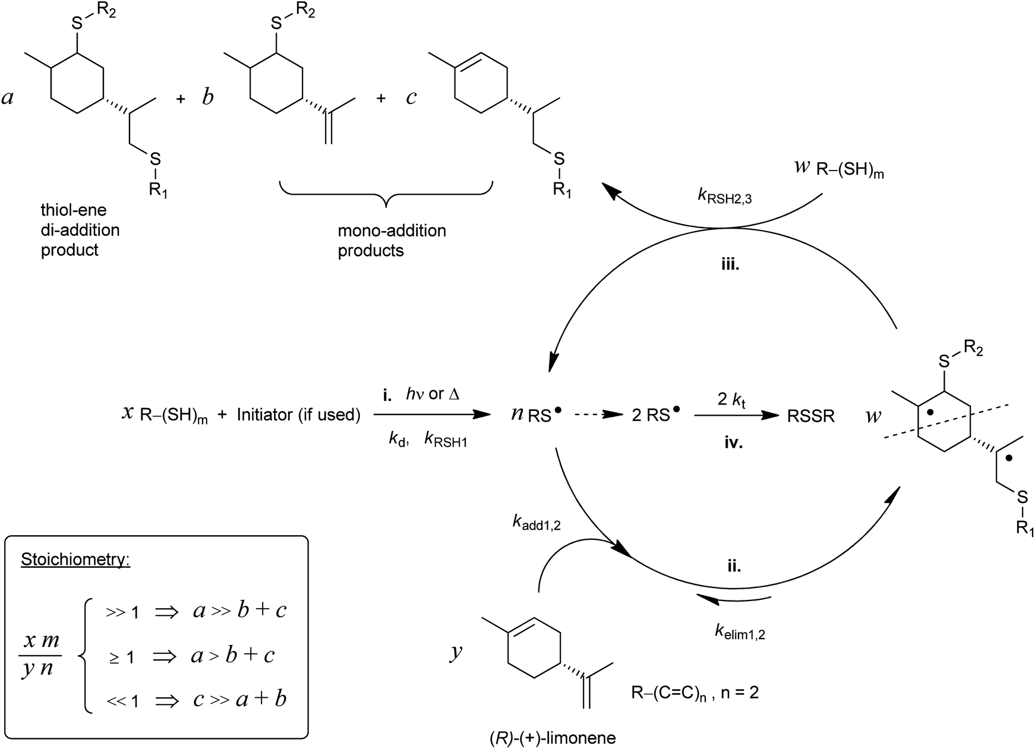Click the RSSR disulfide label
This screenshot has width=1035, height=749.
tap(810, 416)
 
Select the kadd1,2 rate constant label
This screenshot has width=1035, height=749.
tap(537, 522)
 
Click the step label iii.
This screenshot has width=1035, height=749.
tap(730, 266)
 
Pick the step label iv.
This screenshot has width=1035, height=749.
tap(734, 443)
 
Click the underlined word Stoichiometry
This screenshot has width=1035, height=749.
tap(75, 559)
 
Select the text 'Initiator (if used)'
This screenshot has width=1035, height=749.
tap(298, 415)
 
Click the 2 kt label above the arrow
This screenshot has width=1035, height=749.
tap(731, 399)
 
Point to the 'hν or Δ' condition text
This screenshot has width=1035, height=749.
tap(433, 394)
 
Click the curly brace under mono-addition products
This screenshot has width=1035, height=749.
tap(386, 195)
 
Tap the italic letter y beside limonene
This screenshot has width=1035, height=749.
tap(456, 652)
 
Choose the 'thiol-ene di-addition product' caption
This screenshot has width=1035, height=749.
tap(80, 230)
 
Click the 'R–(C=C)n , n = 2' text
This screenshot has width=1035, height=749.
tap(695, 692)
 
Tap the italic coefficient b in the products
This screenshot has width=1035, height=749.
tap(207, 97)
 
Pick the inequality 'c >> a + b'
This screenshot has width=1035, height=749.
tap(240, 699)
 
